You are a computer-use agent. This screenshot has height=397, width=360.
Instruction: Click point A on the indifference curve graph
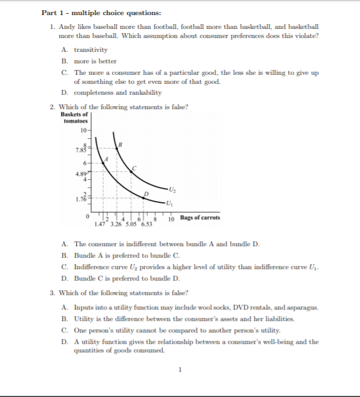(x=105, y=159)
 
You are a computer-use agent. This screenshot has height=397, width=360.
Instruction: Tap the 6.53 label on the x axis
(x=146, y=224)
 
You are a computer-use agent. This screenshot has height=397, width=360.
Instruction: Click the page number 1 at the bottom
(x=180, y=370)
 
